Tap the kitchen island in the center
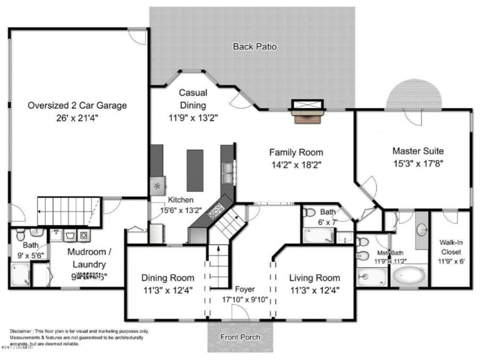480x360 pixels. pyautogui.click(x=195, y=167)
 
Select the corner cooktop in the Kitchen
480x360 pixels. pyautogui.click(x=217, y=212)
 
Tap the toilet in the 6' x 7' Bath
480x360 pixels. pyautogui.click(x=310, y=212)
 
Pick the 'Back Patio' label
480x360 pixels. pyautogui.click(x=254, y=46)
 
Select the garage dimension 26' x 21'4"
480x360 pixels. pyautogui.click(x=77, y=118)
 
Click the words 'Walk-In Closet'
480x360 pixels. pyautogui.click(x=451, y=246)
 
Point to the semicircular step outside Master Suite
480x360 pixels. pyautogui.click(x=414, y=94)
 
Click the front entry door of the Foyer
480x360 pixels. pyautogui.click(x=240, y=315)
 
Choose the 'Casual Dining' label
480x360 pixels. pyautogui.click(x=192, y=99)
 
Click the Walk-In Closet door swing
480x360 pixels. pyautogui.click(x=450, y=217)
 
